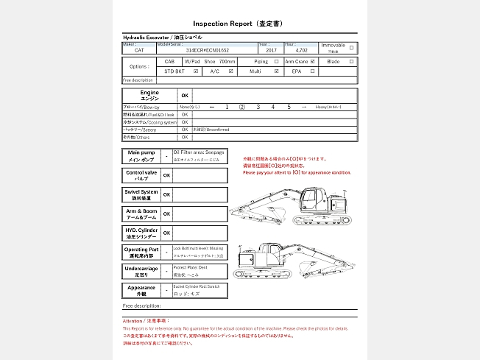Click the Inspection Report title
(x=239, y=24)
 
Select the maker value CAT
(x=139, y=50)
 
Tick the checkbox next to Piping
(x=276, y=62)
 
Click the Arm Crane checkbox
(x=313, y=62)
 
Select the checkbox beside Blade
(x=351, y=62)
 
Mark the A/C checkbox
(x=231, y=71)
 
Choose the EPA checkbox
(x=313, y=71)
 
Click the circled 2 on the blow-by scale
(x=242, y=107)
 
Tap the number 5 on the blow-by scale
(x=289, y=107)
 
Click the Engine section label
(x=149, y=96)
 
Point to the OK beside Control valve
(x=167, y=175)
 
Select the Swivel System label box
(x=141, y=194)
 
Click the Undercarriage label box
(x=141, y=272)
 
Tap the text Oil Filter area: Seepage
(x=199, y=152)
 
